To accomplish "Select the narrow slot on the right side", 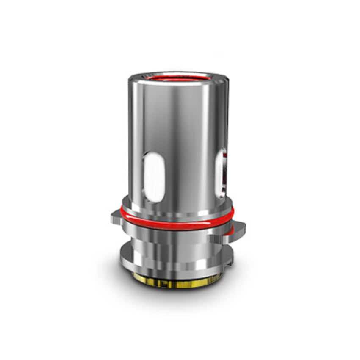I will [x=221, y=173].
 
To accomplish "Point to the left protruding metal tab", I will [x=117, y=219].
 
